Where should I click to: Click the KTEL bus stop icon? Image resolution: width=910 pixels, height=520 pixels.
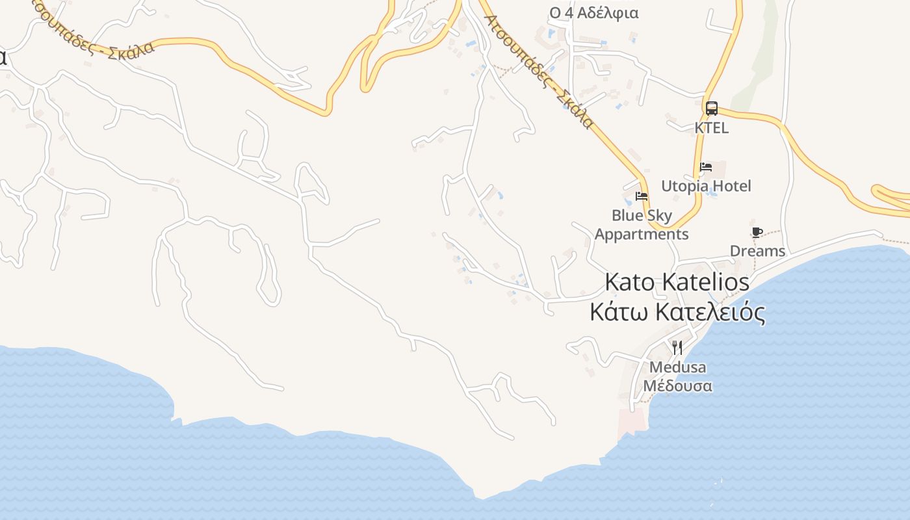click(712, 109)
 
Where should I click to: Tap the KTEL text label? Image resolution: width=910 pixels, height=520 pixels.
click(712, 128)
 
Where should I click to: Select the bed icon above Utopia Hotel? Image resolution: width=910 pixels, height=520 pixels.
click(706, 167)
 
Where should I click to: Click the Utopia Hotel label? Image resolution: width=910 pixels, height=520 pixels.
click(706, 187)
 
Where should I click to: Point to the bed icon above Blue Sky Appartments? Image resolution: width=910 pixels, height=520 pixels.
click(642, 196)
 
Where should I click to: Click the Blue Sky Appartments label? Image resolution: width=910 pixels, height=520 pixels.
click(642, 225)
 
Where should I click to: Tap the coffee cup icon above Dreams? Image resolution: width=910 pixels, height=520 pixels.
click(757, 232)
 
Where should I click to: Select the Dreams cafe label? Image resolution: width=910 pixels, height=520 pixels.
click(757, 251)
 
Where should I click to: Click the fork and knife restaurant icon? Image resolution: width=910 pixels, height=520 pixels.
click(677, 348)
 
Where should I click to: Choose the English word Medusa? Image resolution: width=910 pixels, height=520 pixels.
click(677, 367)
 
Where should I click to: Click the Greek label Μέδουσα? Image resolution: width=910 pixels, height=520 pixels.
click(677, 385)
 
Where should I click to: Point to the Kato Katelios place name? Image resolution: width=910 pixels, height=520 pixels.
click(677, 282)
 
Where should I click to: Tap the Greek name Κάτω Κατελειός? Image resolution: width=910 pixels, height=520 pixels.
click(677, 312)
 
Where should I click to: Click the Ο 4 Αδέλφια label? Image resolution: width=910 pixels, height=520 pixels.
click(593, 13)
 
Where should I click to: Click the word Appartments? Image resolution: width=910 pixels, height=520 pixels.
click(642, 235)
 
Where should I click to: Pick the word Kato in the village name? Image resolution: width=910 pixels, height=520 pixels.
click(629, 282)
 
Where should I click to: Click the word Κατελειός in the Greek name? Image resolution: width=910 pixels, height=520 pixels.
click(710, 312)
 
